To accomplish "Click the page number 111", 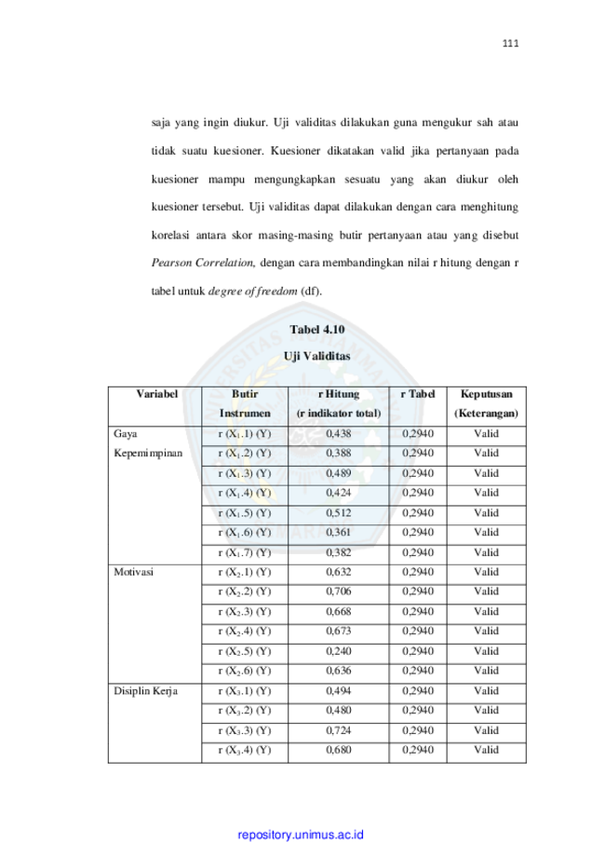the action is click(510, 44).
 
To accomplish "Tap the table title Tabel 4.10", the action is click(317, 329).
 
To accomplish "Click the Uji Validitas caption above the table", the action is click(317, 356).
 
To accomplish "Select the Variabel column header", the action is click(157, 394).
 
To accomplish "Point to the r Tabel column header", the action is click(418, 394).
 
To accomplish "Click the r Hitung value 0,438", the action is click(338, 433).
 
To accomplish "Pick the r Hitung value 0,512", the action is click(338, 512).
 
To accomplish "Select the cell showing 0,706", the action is click(338, 591).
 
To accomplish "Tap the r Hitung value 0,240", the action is click(338, 651).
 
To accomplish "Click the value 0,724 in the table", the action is click(338, 730).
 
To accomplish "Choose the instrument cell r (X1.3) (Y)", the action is click(245, 473).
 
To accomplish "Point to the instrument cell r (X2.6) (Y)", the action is click(245, 671).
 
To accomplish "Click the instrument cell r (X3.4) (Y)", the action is click(245, 750).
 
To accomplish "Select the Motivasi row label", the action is click(134, 572).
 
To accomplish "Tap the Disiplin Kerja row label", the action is click(145, 691).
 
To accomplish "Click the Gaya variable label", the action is click(126, 434).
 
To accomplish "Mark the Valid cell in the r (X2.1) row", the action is click(486, 572).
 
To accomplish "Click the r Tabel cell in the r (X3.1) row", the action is click(418, 690).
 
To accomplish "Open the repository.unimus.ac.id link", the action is click(301, 835).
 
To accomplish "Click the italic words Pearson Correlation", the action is click(203, 263).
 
